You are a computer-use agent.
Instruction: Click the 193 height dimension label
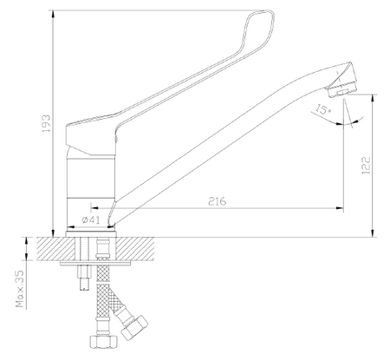(x=46, y=123)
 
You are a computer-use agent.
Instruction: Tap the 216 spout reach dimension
(x=218, y=201)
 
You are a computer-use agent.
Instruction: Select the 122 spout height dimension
(x=366, y=166)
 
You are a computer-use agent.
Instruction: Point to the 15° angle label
(x=323, y=109)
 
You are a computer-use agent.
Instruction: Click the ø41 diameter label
(x=91, y=220)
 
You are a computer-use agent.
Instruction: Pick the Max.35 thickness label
(x=20, y=289)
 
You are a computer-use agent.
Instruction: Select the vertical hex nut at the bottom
(x=104, y=342)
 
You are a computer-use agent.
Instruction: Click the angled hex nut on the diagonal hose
(x=134, y=328)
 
